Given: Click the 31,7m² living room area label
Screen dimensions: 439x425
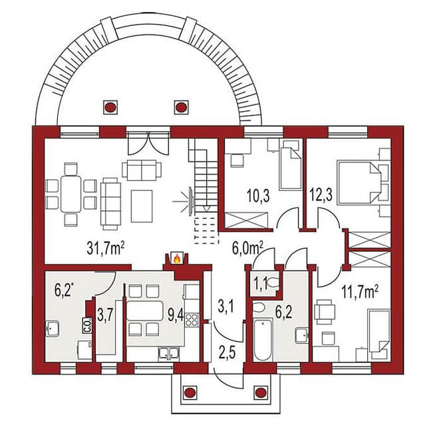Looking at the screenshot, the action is click(106, 248).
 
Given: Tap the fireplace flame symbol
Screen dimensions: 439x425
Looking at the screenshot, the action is click(177, 258).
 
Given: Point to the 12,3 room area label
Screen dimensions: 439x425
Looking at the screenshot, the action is click(321, 195).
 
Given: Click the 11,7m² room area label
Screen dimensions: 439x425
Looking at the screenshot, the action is click(360, 293).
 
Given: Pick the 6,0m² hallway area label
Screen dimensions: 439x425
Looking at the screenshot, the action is click(247, 248).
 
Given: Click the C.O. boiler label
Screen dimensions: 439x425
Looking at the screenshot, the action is click(86, 325).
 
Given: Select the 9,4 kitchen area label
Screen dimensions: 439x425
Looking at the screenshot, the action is click(176, 315).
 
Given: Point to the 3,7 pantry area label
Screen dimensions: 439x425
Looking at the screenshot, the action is click(105, 315).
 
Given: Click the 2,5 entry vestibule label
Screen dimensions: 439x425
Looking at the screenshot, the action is click(227, 353).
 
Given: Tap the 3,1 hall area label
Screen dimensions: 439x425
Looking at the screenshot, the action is click(227, 306).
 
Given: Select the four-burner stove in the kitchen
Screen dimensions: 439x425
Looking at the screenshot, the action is click(192, 319).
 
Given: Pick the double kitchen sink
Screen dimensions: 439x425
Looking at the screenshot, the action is click(168, 353).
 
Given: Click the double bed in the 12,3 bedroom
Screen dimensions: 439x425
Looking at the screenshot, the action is click(359, 182).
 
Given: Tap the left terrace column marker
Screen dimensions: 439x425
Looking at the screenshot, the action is click(110, 107).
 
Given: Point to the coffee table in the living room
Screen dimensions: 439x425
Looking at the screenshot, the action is click(142, 206).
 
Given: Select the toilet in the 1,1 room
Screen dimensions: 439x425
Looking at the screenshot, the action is click(273, 283).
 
